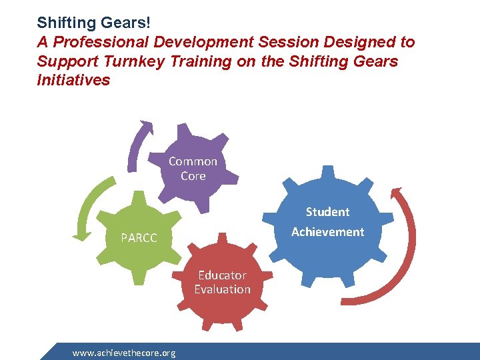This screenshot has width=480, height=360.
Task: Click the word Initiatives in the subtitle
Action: point(73,81)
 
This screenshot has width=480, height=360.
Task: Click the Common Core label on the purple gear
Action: point(193,169)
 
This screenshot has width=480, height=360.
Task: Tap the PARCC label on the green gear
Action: point(139,238)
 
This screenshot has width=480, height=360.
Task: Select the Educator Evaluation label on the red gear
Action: point(222,282)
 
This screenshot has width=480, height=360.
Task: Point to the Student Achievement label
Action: point(327,222)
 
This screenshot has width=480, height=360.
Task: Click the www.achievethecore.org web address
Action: point(124,353)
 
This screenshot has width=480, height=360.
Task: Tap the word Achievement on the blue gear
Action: point(327,232)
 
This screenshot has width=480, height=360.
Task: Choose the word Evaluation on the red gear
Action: point(222,289)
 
